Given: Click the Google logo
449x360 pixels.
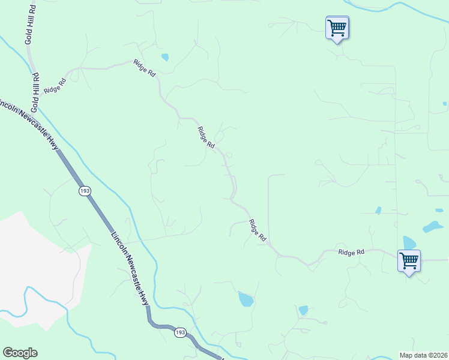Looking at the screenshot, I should click(x=20, y=353).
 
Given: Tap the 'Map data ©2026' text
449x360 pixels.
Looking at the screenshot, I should click(x=424, y=355).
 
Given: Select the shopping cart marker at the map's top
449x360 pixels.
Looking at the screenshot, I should click(x=337, y=28).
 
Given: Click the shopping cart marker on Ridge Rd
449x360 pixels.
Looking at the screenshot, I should click(x=409, y=261).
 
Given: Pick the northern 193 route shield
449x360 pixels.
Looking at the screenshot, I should click(x=85, y=191).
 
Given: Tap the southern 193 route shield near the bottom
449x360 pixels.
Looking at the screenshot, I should click(x=180, y=332).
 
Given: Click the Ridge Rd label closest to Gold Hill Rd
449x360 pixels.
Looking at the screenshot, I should click(x=54, y=86).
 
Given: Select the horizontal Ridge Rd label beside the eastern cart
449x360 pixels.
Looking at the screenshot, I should click(x=351, y=253).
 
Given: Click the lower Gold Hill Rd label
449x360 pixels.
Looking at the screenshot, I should click(x=36, y=92).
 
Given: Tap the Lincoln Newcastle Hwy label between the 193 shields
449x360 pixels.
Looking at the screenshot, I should click(x=130, y=268).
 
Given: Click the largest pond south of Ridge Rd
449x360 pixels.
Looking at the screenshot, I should click(x=246, y=299).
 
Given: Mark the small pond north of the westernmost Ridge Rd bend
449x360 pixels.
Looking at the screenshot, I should click(x=165, y=58).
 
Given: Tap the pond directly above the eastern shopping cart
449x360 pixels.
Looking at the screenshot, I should click(x=409, y=242).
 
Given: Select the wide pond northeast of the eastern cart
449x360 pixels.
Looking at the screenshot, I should click(x=432, y=227).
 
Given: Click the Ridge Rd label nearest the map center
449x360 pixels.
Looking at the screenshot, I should click(x=206, y=137).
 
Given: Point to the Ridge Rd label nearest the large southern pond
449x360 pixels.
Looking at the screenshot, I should click(x=258, y=230).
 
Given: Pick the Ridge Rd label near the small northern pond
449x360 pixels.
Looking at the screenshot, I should click(x=145, y=67).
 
